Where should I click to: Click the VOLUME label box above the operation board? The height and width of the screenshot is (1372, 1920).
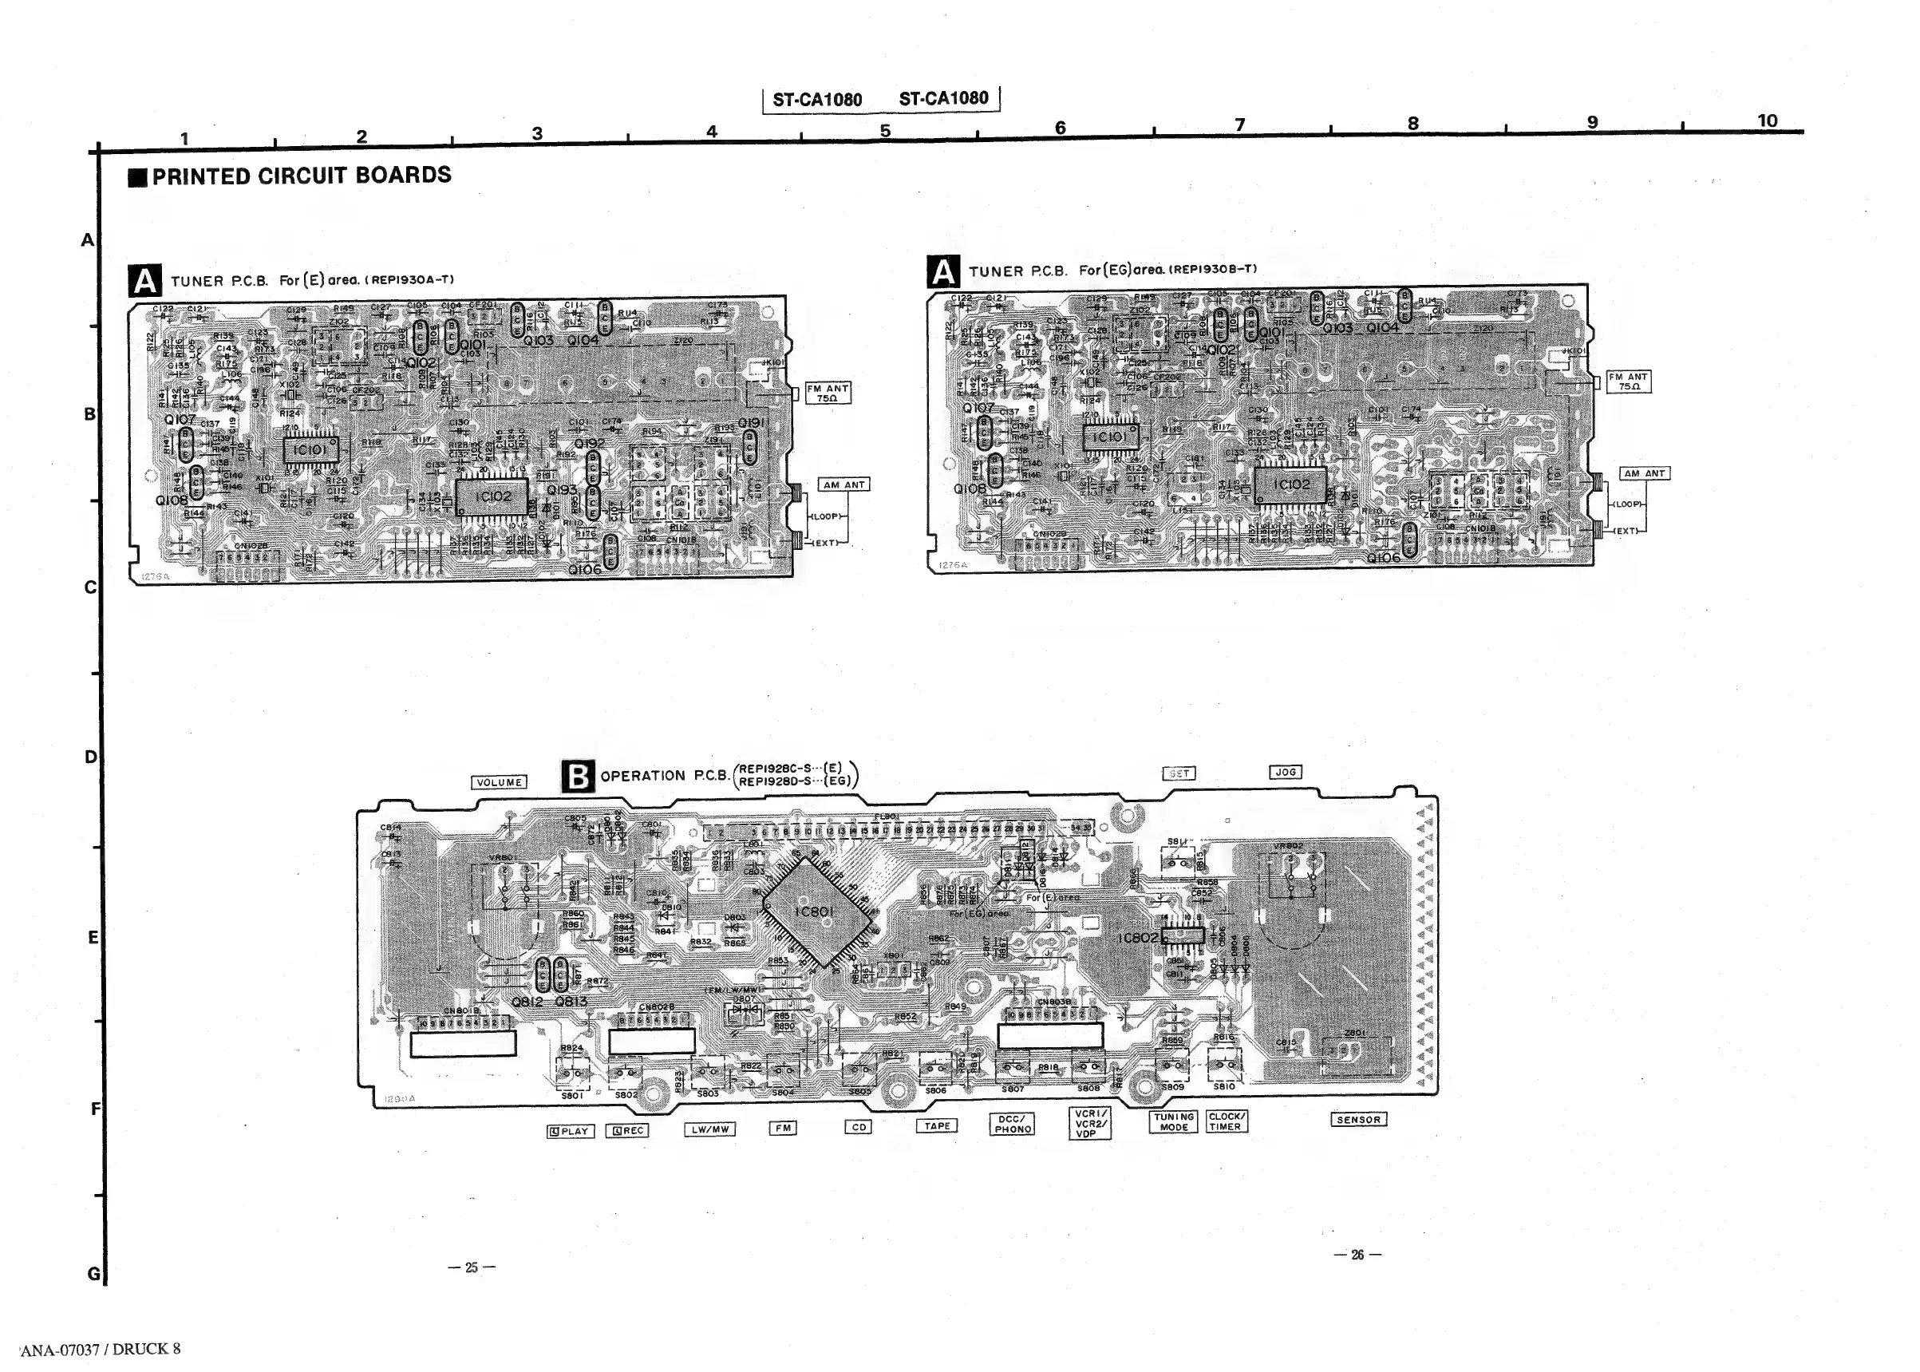tap(500, 782)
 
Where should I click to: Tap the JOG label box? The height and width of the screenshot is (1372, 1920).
tap(1285, 771)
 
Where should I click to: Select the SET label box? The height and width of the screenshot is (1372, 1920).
tap(1179, 773)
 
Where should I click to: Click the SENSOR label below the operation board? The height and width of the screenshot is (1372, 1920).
tap(1358, 1120)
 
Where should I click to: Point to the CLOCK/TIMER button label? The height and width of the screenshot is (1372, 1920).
tap(1225, 1121)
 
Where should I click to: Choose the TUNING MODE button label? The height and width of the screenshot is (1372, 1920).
tap(1173, 1121)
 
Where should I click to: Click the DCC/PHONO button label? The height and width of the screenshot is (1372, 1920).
tap(1013, 1124)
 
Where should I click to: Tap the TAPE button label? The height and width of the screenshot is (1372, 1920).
tap(937, 1125)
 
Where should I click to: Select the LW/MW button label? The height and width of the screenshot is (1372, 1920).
tap(710, 1129)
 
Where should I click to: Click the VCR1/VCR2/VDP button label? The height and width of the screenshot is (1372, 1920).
tap(1089, 1124)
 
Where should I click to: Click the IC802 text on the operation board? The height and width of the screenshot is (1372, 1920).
tap(1137, 939)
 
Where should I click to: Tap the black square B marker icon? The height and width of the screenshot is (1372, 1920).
tap(578, 776)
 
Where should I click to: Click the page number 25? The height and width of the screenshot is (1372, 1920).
tap(472, 1267)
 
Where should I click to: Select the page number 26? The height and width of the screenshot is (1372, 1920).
tap(1357, 1255)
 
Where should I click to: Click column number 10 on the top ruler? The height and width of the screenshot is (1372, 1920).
tap(1767, 120)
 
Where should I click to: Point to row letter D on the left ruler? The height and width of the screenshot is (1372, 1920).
tap(90, 757)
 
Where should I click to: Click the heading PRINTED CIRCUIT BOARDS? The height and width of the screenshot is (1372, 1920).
tap(301, 176)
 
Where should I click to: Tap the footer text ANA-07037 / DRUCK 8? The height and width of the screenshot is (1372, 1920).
tap(101, 1349)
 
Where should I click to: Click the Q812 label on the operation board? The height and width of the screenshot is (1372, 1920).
tap(527, 1002)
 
